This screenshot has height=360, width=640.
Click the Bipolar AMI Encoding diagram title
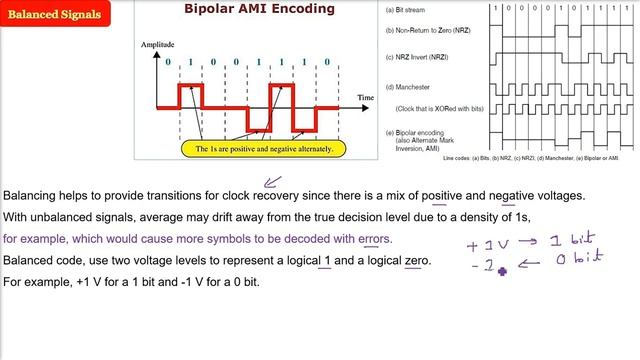(249, 10)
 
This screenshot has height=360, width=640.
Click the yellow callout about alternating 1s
(263, 148)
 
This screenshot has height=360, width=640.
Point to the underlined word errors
(369, 239)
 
